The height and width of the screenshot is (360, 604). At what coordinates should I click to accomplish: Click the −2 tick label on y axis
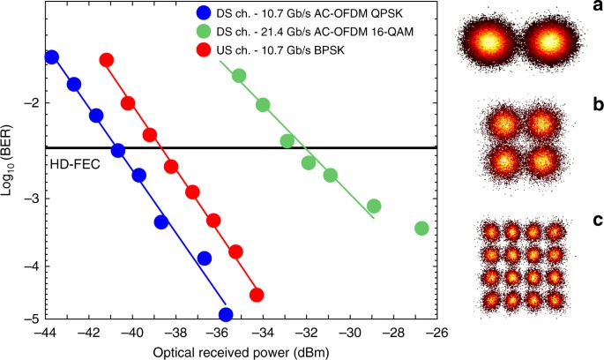click(x=32, y=103)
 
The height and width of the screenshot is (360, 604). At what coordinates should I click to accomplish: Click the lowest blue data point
click(x=226, y=314)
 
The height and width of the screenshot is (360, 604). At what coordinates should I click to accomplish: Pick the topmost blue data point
click(x=51, y=56)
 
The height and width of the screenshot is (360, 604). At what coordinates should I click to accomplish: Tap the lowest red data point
click(x=257, y=295)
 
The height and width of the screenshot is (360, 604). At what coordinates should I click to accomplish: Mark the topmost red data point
click(x=107, y=60)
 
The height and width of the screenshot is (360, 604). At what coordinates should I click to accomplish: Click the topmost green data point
click(x=239, y=76)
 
